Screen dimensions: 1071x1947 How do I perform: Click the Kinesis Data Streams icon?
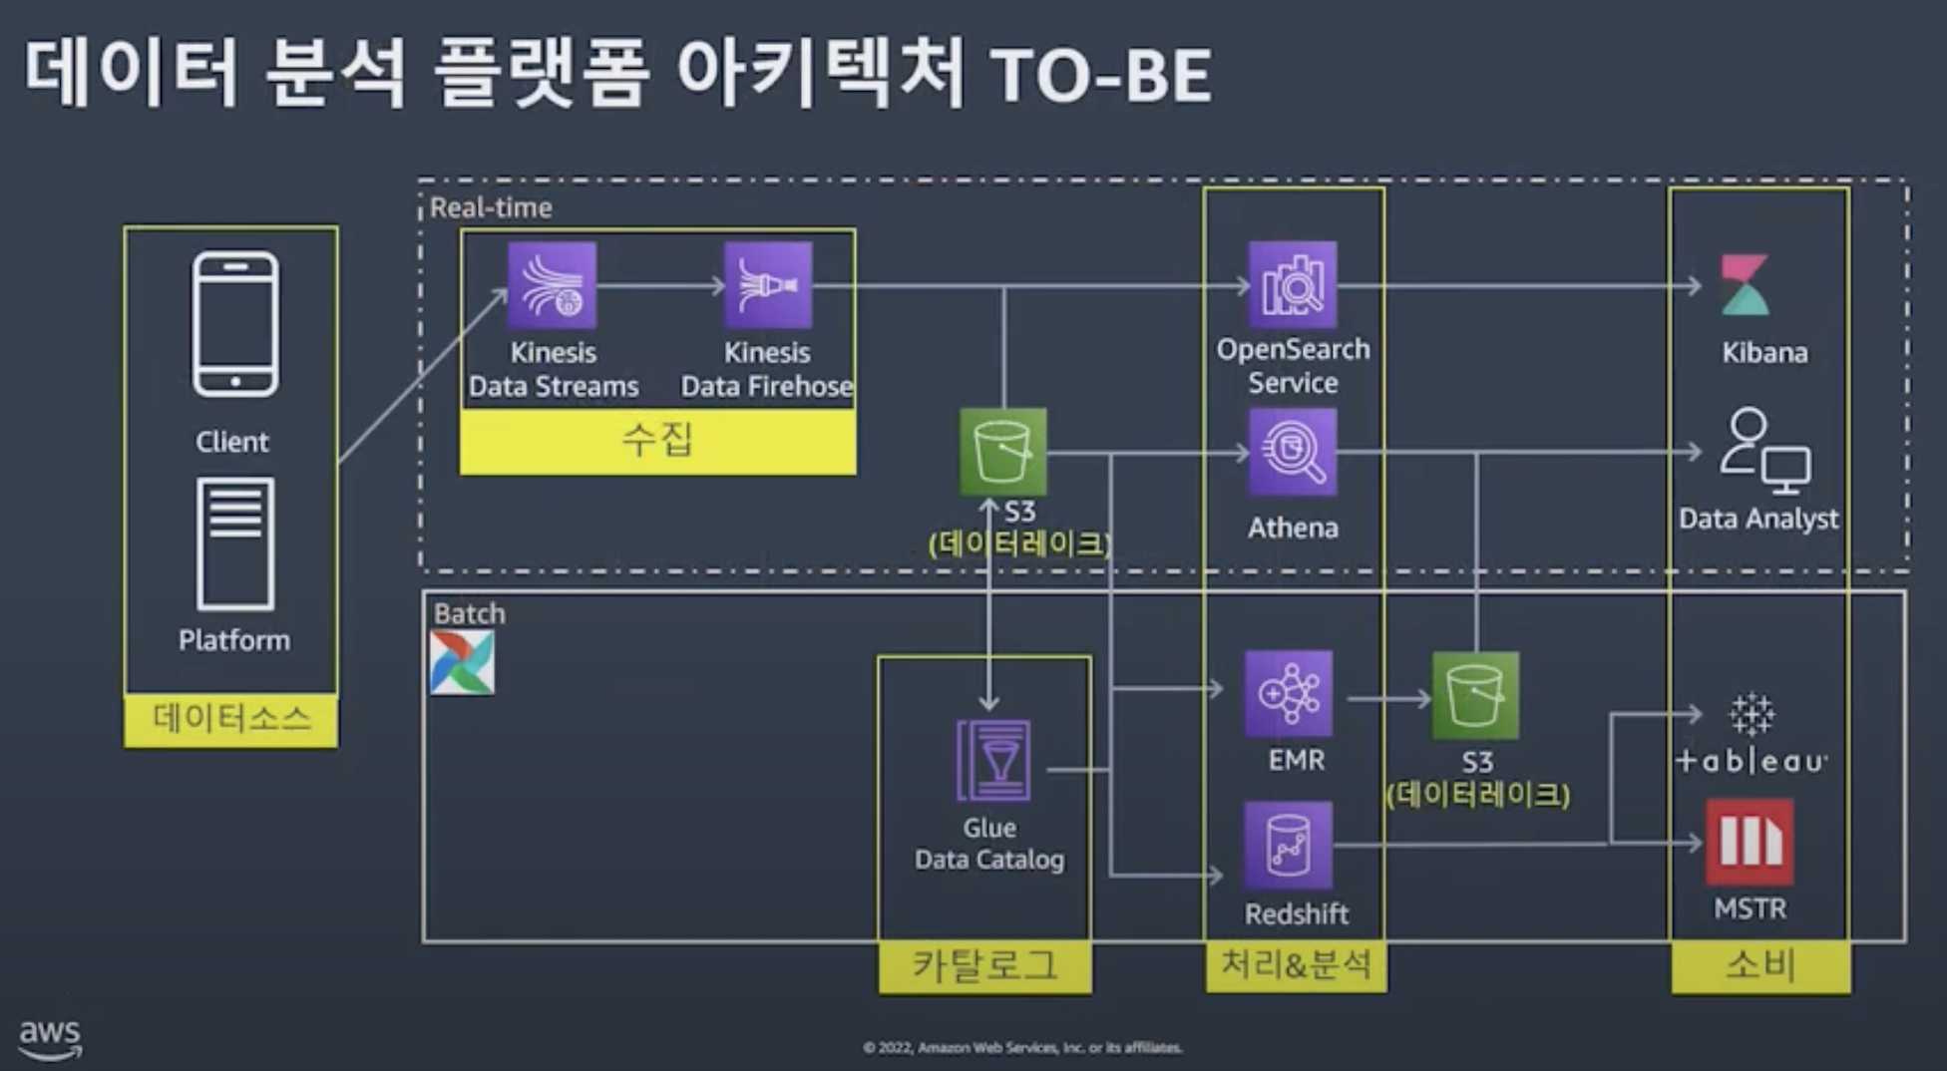(552, 285)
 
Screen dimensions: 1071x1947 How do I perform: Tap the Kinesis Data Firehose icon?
(767, 285)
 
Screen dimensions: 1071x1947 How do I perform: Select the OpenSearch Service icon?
(1293, 285)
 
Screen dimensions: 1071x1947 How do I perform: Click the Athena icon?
(1293, 453)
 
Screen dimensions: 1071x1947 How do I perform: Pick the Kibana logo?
(1746, 285)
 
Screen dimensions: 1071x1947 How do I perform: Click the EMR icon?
(1288, 693)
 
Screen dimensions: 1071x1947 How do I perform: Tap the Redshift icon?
(1288, 845)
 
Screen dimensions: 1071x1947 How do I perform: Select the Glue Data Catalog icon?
(992, 761)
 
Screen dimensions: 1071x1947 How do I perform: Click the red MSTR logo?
(1750, 843)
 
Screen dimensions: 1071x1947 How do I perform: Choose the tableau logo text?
(1752, 761)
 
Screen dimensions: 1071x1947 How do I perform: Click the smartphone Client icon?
(235, 324)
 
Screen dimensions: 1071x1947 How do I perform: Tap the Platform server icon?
(235, 543)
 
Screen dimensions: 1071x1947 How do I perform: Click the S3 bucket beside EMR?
(1475, 695)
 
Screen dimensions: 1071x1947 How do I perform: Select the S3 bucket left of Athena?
(1002, 452)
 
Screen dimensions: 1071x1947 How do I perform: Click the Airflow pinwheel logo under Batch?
(462, 663)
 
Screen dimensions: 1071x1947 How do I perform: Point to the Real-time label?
(491, 207)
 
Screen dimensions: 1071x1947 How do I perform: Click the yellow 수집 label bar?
(657, 440)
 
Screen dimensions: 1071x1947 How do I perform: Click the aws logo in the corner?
(50, 1037)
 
